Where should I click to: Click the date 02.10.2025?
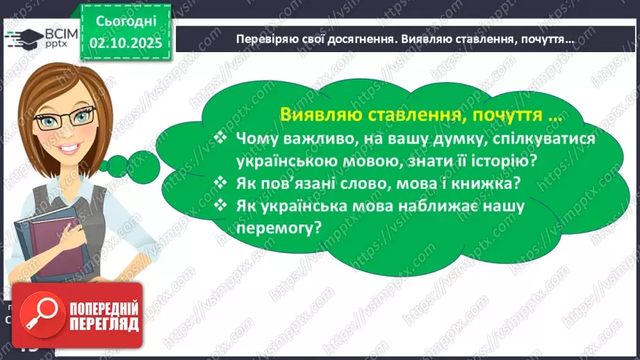point(125,42)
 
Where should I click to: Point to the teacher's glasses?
point(68,120)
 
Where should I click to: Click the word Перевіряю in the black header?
point(268,40)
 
